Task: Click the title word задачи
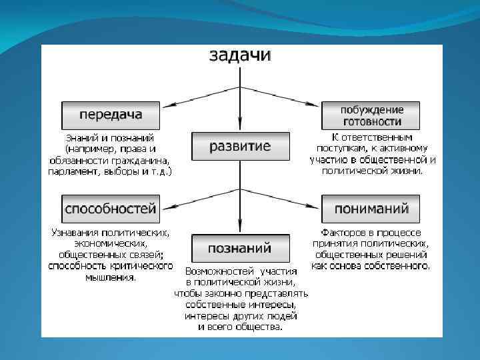[x=240, y=55]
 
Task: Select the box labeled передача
[x=111, y=115]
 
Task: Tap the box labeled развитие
[x=240, y=146]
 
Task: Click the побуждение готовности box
[x=371, y=115]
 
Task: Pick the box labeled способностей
[x=111, y=209]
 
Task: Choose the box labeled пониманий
[x=371, y=209]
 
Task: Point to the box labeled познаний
[x=240, y=248]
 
